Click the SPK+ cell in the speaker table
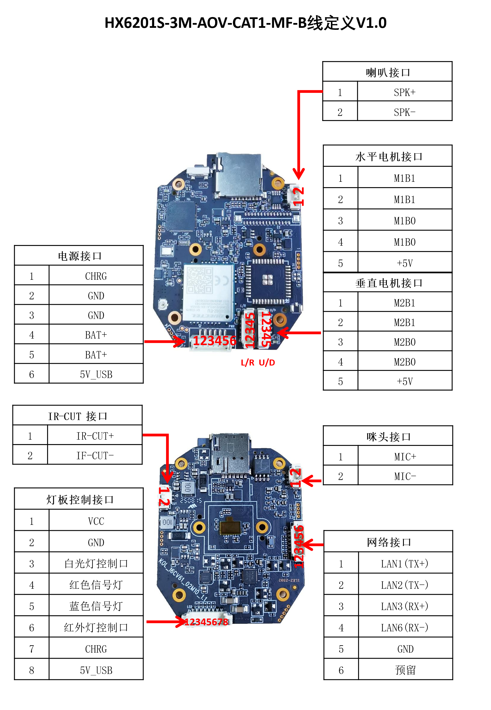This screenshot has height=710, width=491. click(404, 92)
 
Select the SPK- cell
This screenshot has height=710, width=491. click(404, 112)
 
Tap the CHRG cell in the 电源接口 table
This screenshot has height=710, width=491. click(96, 276)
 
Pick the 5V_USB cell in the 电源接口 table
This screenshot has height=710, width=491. click(96, 374)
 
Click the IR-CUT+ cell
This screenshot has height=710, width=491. click(95, 435)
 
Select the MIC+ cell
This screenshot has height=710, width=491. click(405, 456)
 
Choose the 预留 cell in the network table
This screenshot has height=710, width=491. click(405, 670)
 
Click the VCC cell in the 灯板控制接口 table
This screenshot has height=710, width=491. click(96, 521)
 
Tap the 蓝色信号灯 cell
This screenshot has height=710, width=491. click(96, 606)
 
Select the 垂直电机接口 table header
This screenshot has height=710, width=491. click(388, 283)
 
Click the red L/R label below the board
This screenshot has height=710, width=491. click(247, 363)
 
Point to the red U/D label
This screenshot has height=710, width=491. click(267, 363)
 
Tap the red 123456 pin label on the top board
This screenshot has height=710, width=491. click(215, 341)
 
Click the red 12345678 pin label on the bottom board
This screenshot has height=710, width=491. click(206, 622)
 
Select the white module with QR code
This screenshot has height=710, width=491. click(209, 292)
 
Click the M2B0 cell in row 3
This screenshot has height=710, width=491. click(404, 342)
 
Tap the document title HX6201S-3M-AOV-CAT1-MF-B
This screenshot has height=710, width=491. click(245, 23)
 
